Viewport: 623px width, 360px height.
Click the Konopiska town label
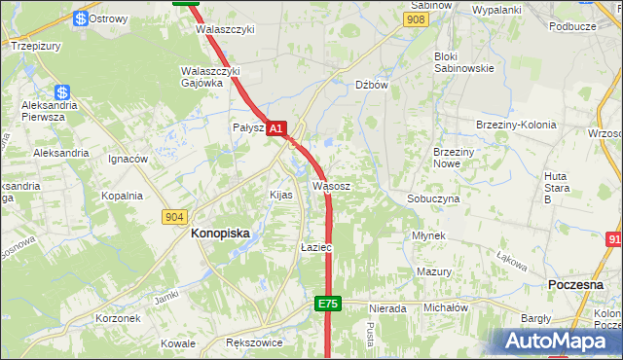pos(220,234)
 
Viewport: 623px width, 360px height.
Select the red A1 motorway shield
pos(276,128)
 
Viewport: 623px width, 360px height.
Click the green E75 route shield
pos(327,305)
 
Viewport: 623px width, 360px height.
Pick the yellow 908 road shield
pos(417,19)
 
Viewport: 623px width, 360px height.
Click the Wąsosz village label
pos(331,185)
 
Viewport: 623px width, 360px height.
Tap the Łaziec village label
pos(316,248)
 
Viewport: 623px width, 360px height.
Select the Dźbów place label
pos(372,85)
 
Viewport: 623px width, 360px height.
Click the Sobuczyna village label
pos(432,198)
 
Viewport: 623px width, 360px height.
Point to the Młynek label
pos(428,236)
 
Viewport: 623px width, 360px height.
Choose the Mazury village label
pos(433,272)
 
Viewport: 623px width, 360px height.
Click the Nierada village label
pos(386,308)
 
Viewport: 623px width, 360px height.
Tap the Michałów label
pos(446,307)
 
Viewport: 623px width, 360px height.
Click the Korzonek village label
pos(119,318)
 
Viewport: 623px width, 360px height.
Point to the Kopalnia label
pos(122,196)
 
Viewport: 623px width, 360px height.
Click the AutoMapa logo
pos(556,342)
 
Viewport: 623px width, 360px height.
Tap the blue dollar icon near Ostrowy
pos(80,18)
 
